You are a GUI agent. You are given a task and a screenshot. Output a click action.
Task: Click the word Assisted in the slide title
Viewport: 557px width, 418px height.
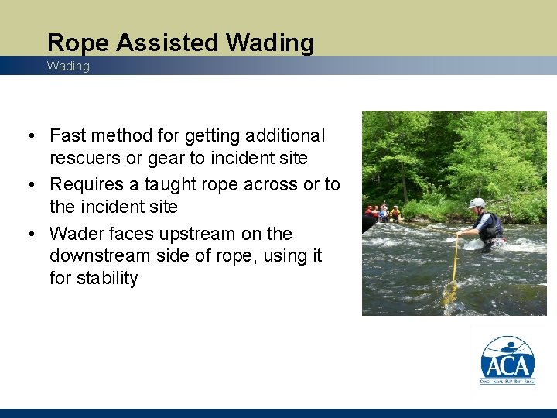[x=159, y=43]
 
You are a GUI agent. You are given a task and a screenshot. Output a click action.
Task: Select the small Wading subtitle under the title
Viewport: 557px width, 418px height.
[x=68, y=67]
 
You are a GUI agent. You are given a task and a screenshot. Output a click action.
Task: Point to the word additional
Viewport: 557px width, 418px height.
[x=287, y=136]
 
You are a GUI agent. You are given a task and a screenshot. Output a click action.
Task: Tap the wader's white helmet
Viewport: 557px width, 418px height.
[x=477, y=204]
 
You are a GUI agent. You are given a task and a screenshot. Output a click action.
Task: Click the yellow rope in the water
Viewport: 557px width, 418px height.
[x=453, y=263]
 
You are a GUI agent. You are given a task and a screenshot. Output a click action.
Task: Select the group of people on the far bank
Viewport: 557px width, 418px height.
[x=383, y=212]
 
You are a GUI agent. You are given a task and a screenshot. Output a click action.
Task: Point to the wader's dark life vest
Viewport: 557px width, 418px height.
[x=490, y=225]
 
